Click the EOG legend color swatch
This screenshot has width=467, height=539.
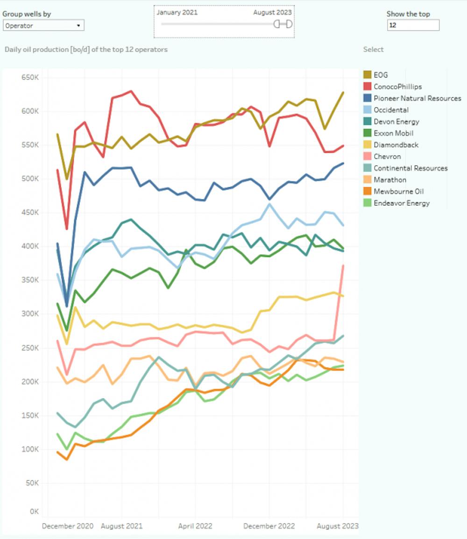(x=368, y=75)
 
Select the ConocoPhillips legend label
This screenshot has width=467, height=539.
(x=397, y=86)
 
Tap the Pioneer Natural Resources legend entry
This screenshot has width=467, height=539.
(x=417, y=98)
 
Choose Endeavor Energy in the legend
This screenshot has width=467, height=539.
(x=401, y=203)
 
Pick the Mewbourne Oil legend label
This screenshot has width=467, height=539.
(x=398, y=191)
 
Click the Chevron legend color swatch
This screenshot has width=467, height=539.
(x=368, y=156)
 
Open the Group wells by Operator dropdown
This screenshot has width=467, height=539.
(x=43, y=26)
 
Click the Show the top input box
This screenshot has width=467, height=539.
(x=413, y=26)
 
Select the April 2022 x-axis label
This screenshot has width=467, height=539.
(x=195, y=526)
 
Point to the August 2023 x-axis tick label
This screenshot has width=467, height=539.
(x=338, y=526)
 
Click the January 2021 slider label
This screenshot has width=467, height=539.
(x=177, y=13)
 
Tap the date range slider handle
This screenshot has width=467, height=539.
(x=283, y=24)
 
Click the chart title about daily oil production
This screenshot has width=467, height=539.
(x=86, y=49)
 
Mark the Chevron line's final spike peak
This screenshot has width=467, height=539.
(x=343, y=265)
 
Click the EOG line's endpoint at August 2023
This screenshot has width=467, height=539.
(x=343, y=92)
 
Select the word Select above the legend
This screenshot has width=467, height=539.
(x=373, y=49)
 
